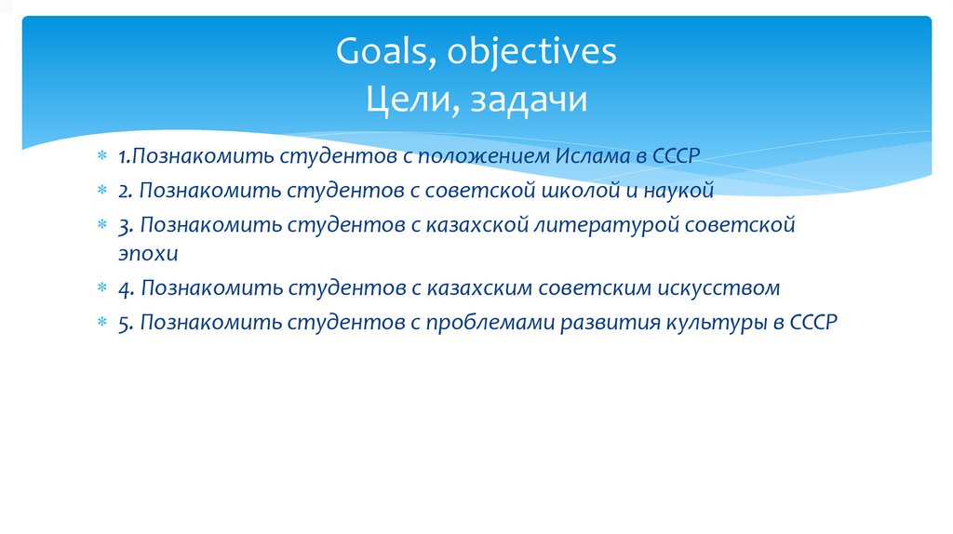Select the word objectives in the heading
coord(531,52)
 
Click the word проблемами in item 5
coord(490,323)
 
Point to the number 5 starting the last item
coord(124,323)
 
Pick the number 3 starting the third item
coord(124,225)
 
